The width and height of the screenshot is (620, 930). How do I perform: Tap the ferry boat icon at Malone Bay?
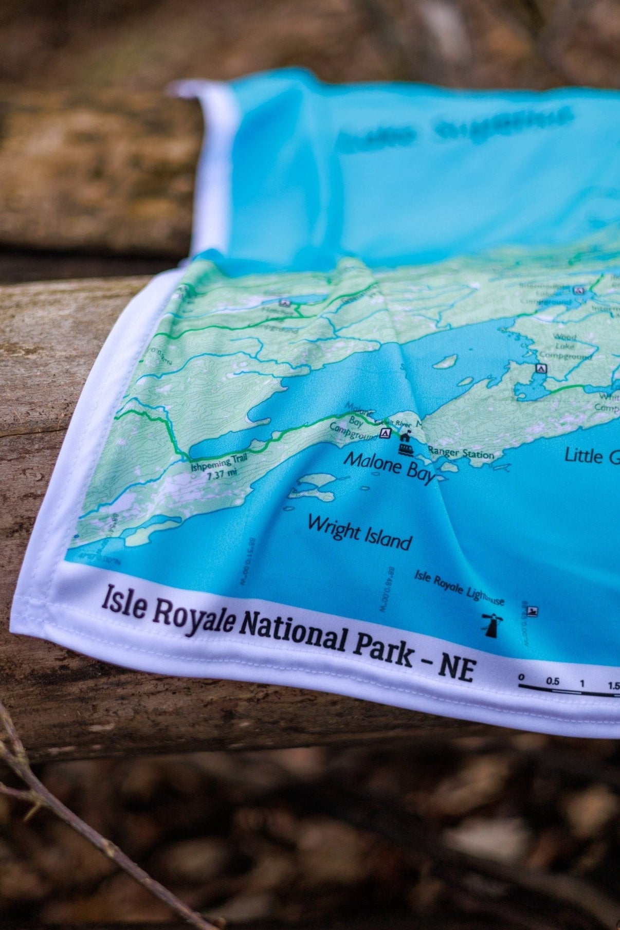[x=407, y=450]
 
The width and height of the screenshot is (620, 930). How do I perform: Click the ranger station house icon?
[x=405, y=437]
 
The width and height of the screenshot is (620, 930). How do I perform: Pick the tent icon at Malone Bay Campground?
[x=384, y=434]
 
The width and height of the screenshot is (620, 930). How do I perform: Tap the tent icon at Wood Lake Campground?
[x=539, y=368]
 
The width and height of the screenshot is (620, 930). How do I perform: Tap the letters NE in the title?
[x=455, y=667]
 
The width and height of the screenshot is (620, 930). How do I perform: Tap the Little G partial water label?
[x=590, y=455]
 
